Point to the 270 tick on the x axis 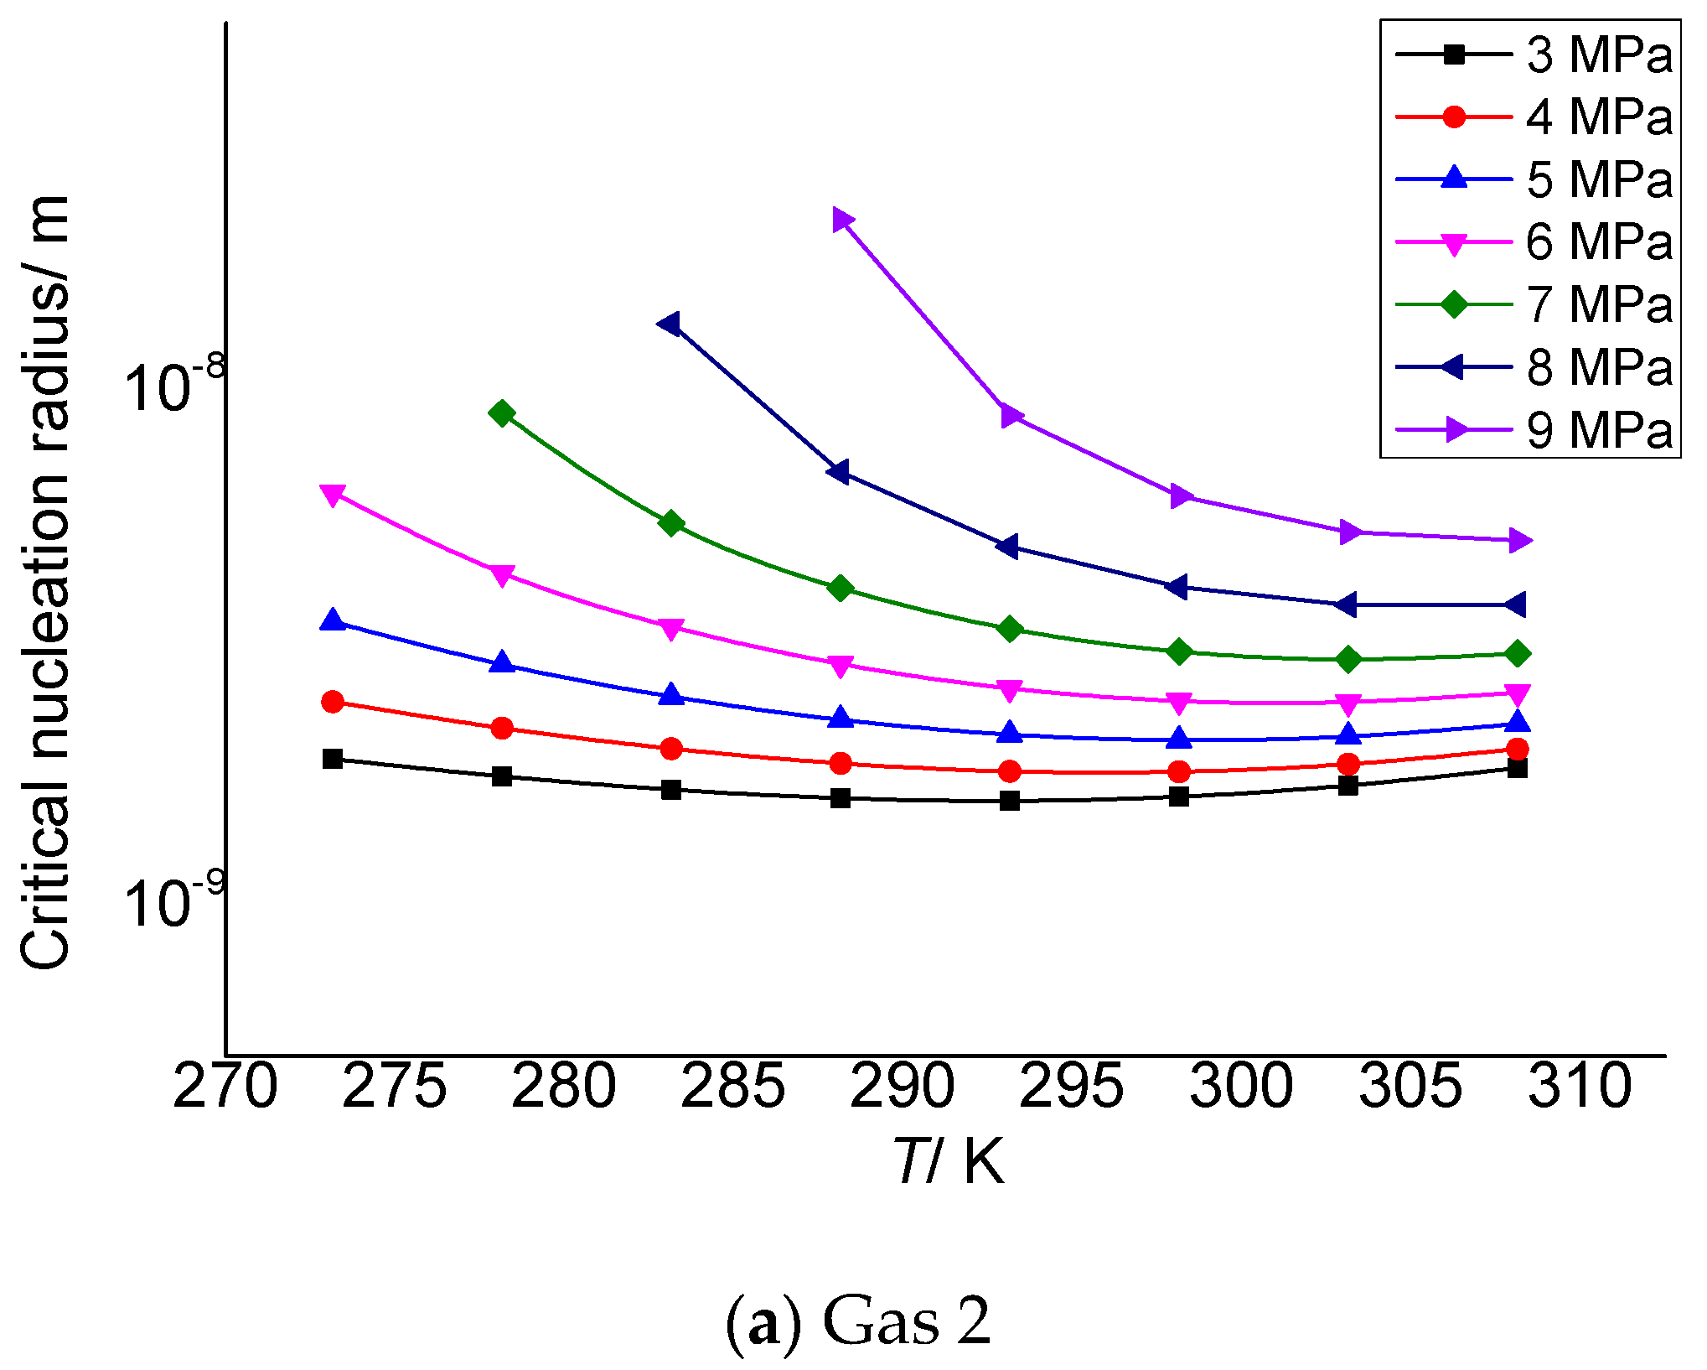point(225,1087)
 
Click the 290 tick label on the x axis point(902,1087)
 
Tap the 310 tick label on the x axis point(1580,1087)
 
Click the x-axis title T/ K point(948,1162)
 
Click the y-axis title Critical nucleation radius point(46,582)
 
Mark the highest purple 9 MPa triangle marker point(842,220)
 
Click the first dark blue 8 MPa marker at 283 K point(670,324)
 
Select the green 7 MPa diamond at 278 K point(502,413)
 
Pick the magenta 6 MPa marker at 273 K point(333,495)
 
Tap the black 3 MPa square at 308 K point(1517,768)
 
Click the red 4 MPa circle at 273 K point(333,702)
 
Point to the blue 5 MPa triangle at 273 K point(333,620)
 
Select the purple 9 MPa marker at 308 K point(1518,540)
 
